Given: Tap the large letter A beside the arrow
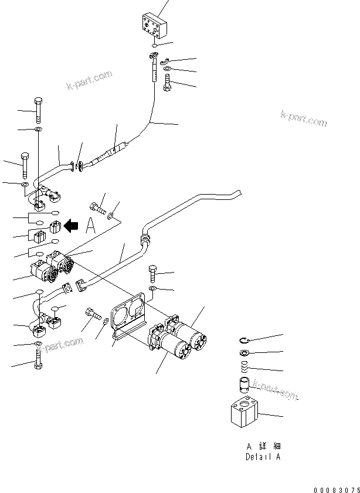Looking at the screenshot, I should click(x=90, y=227).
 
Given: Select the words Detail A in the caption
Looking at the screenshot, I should click(x=263, y=457).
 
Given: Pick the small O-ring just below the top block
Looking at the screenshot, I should click(x=154, y=45).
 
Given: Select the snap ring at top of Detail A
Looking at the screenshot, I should click(x=245, y=339).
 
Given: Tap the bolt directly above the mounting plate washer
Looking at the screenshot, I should click(x=152, y=273).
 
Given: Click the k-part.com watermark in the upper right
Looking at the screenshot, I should click(x=303, y=118).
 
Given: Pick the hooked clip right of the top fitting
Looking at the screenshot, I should click(x=165, y=60).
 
